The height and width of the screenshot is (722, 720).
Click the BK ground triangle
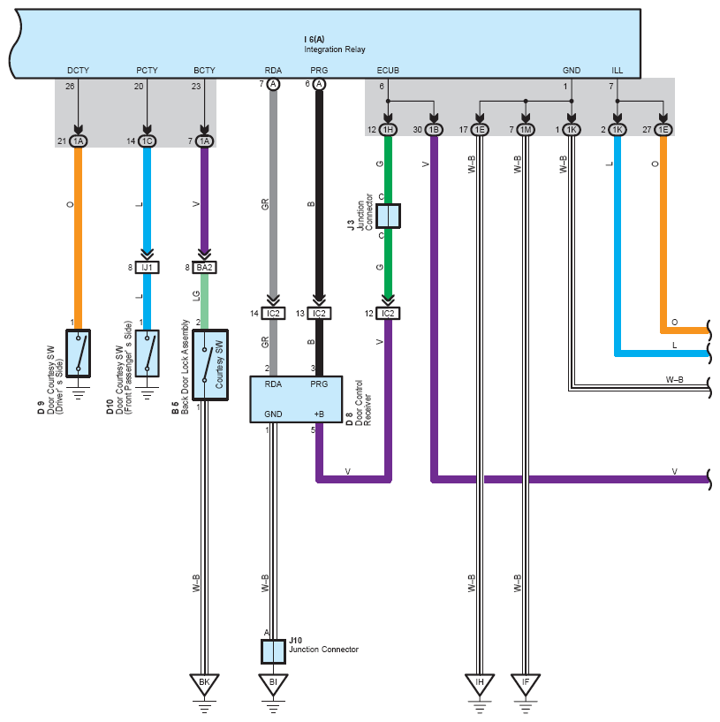click(x=204, y=684)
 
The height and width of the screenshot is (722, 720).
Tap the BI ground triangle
click(x=273, y=684)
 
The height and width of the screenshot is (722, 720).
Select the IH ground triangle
click(x=480, y=684)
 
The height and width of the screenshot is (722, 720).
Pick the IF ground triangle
click(x=526, y=684)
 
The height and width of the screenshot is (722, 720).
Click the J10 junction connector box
click(x=274, y=651)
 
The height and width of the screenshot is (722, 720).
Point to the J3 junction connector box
click(x=388, y=216)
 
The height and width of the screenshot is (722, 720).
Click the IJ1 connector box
click(x=148, y=268)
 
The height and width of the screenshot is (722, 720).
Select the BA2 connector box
click(x=204, y=268)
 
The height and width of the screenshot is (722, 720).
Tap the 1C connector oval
click(x=148, y=141)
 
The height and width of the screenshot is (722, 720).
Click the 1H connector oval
click(x=388, y=130)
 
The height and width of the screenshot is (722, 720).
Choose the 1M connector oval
click(x=526, y=130)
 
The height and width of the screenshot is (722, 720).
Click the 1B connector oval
click(x=434, y=130)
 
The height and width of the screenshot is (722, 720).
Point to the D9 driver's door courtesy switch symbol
click(x=79, y=353)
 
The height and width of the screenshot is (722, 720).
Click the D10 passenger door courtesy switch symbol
click(x=148, y=353)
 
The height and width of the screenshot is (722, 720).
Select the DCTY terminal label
click(x=79, y=71)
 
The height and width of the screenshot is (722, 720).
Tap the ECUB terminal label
click(x=388, y=71)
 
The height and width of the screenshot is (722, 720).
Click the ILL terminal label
click(x=618, y=71)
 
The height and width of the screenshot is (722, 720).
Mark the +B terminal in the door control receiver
click(x=319, y=414)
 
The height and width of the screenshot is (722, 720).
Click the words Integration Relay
click(x=335, y=49)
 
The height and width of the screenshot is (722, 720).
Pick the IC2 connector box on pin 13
click(x=319, y=314)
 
